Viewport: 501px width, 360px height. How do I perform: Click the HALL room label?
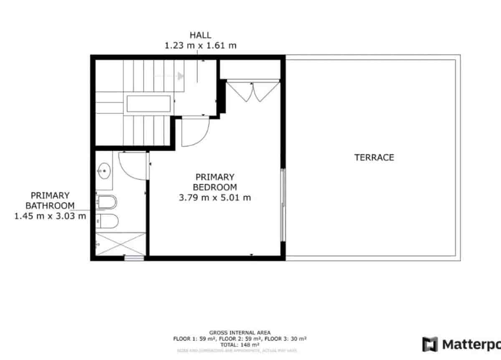(x=200, y=35)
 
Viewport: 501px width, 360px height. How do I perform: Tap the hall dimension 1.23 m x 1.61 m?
(x=200, y=46)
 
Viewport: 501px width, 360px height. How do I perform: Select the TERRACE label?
(x=374, y=157)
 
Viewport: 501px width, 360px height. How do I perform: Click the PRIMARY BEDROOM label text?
(x=215, y=182)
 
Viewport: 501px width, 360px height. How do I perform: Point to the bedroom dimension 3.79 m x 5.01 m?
(x=215, y=198)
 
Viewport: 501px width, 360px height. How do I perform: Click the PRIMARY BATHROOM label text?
(x=50, y=200)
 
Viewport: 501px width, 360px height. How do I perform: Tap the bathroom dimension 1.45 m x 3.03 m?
(x=50, y=216)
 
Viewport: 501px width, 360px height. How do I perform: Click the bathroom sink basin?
(x=104, y=170)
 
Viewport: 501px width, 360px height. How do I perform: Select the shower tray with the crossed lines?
(x=121, y=244)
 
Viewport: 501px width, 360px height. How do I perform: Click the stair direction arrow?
(x=180, y=76)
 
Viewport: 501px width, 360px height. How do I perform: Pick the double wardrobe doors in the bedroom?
(x=252, y=92)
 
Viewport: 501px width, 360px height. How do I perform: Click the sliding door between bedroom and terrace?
(x=283, y=205)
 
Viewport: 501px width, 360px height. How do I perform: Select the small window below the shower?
(x=134, y=258)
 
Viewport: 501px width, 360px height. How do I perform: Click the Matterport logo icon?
(x=430, y=344)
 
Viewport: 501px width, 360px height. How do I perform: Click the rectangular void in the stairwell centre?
(x=148, y=104)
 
